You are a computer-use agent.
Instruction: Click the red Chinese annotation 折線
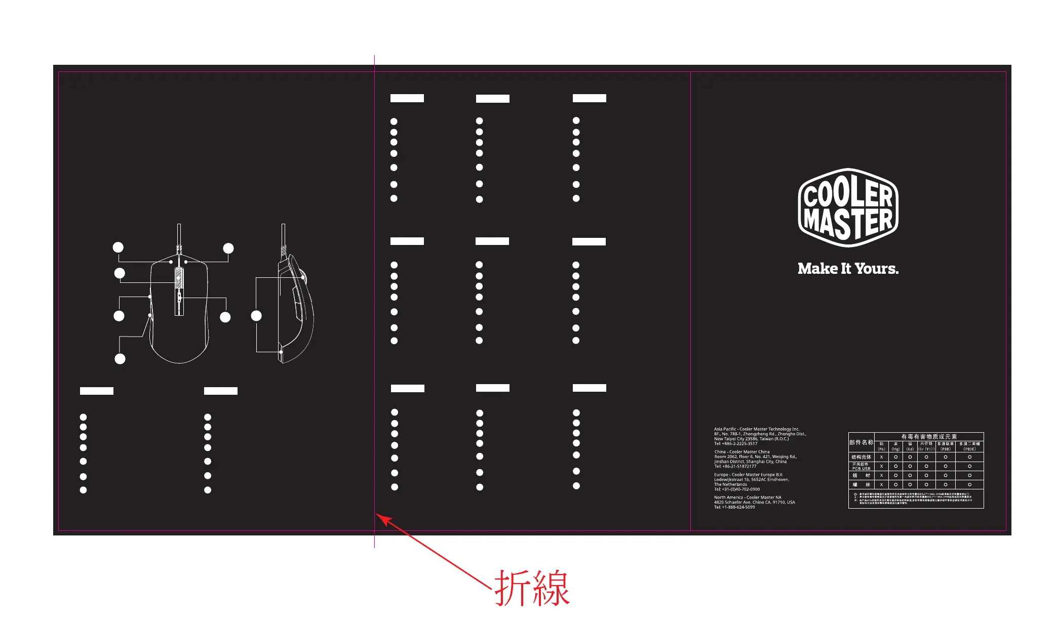pos(532,588)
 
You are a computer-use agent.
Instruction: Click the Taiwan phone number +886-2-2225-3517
pos(739,443)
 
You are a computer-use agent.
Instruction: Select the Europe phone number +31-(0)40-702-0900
pos(740,489)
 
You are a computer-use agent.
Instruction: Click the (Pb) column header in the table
pos(881,449)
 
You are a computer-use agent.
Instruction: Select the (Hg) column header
pos(895,449)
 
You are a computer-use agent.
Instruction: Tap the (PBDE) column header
pos(969,449)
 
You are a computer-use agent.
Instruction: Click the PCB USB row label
pos(861,469)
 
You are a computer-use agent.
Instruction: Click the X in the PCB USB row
pos(881,466)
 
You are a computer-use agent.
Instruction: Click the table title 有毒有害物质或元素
pos(929,436)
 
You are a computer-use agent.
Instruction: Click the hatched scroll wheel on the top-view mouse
pos(179,278)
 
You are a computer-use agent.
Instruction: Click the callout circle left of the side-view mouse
pos(256,316)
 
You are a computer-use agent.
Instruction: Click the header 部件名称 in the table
pos(861,442)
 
